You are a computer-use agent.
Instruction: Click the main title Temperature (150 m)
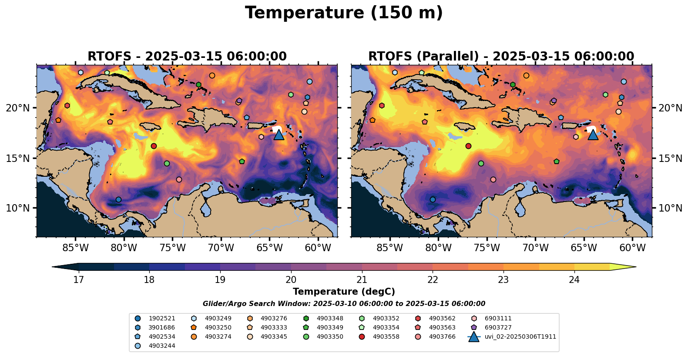pos(344,13)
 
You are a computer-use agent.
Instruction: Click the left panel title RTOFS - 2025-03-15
pos(187,57)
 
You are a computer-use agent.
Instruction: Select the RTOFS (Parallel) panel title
pos(501,57)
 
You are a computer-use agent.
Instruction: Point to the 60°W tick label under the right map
pos(632,248)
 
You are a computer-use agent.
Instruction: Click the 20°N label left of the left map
pos(18,108)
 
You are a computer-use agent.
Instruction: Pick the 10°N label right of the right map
pos(670,208)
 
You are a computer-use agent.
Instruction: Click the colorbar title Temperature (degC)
pos(344,292)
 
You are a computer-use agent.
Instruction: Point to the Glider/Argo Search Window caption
pos(344,304)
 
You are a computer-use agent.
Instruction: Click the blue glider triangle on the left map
pos(279,135)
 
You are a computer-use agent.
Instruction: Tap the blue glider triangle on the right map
pos(593,135)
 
